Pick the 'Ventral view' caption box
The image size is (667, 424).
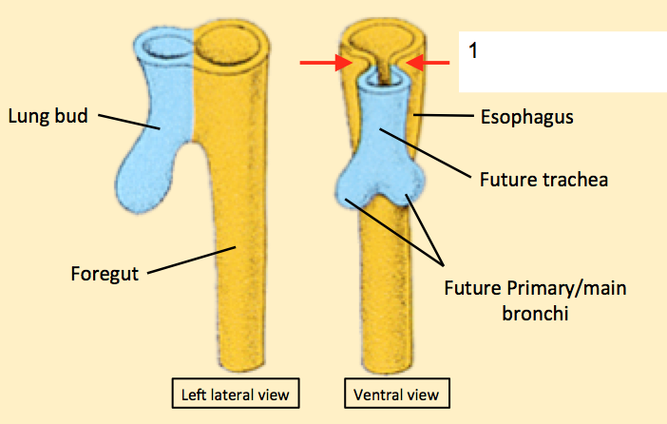(396, 394)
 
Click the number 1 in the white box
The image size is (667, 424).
(473, 51)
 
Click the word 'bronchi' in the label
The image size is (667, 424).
(540, 311)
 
